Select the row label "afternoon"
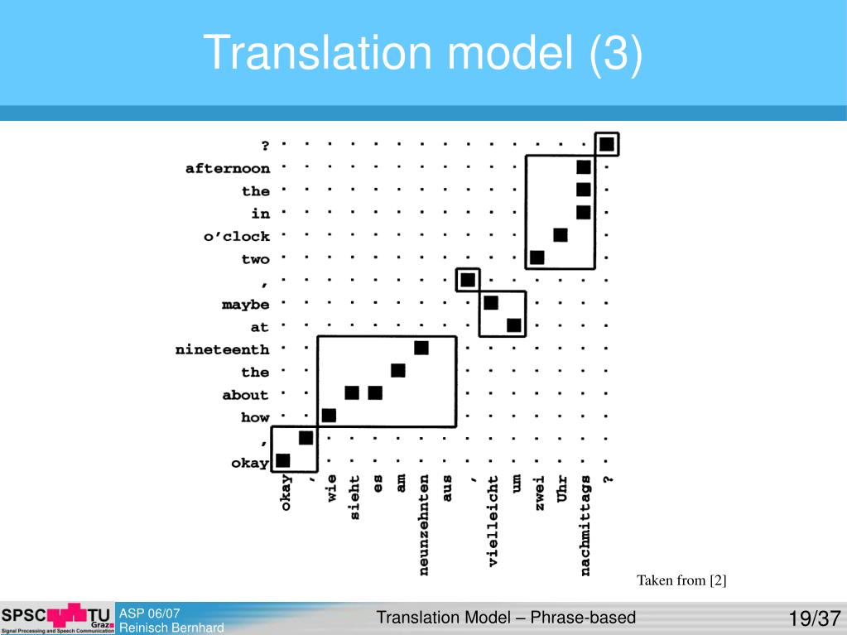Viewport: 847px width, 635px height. [227, 169]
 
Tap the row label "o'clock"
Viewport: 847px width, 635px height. [237, 237]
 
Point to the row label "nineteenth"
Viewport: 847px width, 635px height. [222, 350]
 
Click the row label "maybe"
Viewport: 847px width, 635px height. [245, 305]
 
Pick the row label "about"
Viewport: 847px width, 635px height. [245, 395]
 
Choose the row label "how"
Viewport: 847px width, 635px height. [255, 418]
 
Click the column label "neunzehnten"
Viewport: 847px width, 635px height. [424, 524]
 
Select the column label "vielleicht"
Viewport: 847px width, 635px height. [493, 520]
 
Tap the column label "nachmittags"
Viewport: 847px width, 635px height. [585, 525]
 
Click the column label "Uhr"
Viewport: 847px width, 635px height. [561, 488]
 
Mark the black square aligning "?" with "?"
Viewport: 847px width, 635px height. [607, 145]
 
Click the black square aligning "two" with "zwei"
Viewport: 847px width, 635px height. [537, 257]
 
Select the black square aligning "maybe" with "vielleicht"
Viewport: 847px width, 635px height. [491, 303]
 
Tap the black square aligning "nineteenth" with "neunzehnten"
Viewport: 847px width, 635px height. [421, 348]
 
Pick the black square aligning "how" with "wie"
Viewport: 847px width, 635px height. [329, 416]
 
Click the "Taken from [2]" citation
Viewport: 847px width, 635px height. [681, 580]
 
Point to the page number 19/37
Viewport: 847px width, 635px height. [814, 618]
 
